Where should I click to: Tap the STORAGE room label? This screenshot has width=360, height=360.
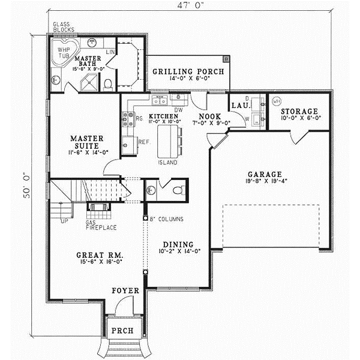click(x=299, y=112)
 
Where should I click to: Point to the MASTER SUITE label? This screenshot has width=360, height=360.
click(x=84, y=143)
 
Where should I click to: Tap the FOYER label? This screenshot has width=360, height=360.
click(x=126, y=291)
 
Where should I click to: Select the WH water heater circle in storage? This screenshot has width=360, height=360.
click(x=277, y=101)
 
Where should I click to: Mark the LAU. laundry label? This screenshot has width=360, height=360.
click(x=240, y=106)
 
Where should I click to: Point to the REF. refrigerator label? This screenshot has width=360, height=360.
click(x=144, y=142)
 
